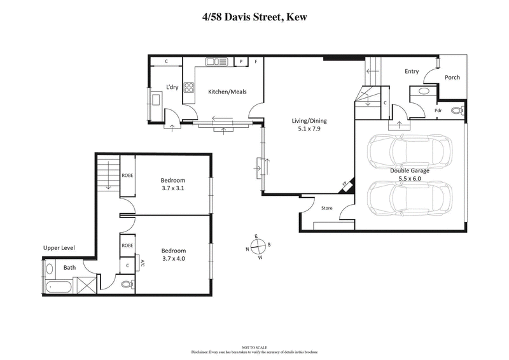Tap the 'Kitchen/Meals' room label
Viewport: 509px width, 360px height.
tap(227, 92)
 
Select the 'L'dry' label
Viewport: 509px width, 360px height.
tap(171, 87)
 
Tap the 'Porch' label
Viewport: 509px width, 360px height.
tap(452, 78)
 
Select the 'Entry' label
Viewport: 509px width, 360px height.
tap(412, 71)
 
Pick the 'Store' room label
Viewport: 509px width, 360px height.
tap(327, 207)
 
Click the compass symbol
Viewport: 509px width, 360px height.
tap(258, 247)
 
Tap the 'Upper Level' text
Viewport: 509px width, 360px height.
tap(59, 247)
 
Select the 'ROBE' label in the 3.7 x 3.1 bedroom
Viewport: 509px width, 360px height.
tap(127, 175)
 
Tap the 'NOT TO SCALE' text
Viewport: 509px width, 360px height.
tap(254, 347)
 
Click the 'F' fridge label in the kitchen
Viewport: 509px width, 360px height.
tap(256, 62)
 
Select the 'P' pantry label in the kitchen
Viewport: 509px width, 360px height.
tap(241, 62)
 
